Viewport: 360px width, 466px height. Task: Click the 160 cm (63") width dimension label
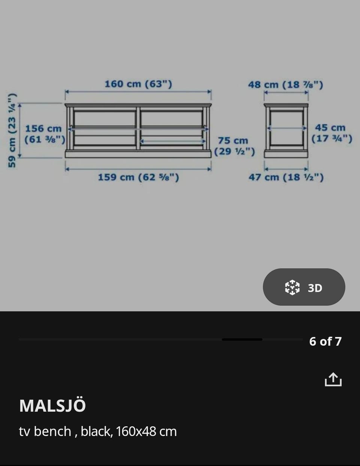coord(138,84)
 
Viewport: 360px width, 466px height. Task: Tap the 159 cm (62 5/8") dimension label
coord(138,177)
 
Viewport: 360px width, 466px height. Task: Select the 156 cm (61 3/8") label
coord(45,134)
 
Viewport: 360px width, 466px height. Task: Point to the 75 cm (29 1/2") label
coord(234,146)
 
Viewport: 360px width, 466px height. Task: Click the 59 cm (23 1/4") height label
coord(12,130)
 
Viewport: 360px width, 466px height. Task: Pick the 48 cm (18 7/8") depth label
coord(286,85)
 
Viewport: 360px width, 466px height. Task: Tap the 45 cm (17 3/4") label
coord(331,133)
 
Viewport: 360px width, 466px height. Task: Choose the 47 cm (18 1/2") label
coord(286,177)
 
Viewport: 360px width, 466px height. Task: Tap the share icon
coord(333,379)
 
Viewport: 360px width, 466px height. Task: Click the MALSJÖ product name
coord(52,406)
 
